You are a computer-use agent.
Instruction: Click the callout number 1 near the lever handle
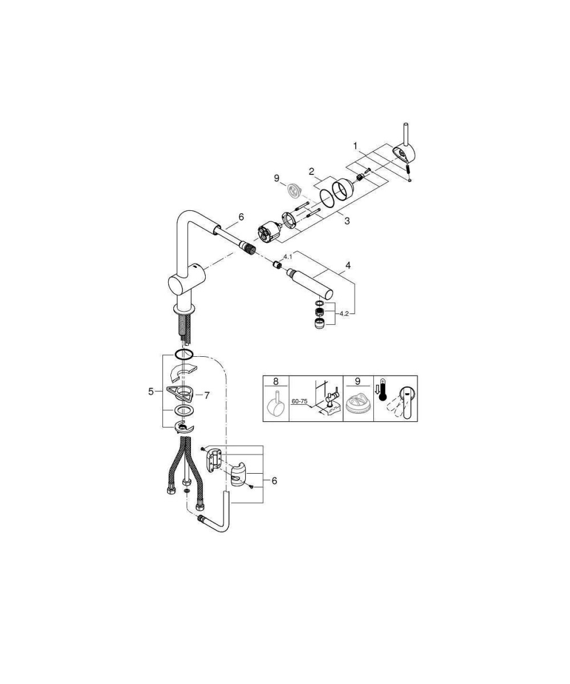tap(356, 146)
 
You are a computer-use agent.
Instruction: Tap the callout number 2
tap(311, 171)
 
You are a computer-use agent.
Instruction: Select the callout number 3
tap(347, 221)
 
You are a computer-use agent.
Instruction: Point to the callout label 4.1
tap(288, 257)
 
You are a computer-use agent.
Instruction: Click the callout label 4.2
tap(344, 313)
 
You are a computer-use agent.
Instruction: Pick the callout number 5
tap(150, 391)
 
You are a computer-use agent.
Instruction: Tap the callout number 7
tap(206, 396)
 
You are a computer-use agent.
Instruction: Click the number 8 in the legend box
tap(275, 381)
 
